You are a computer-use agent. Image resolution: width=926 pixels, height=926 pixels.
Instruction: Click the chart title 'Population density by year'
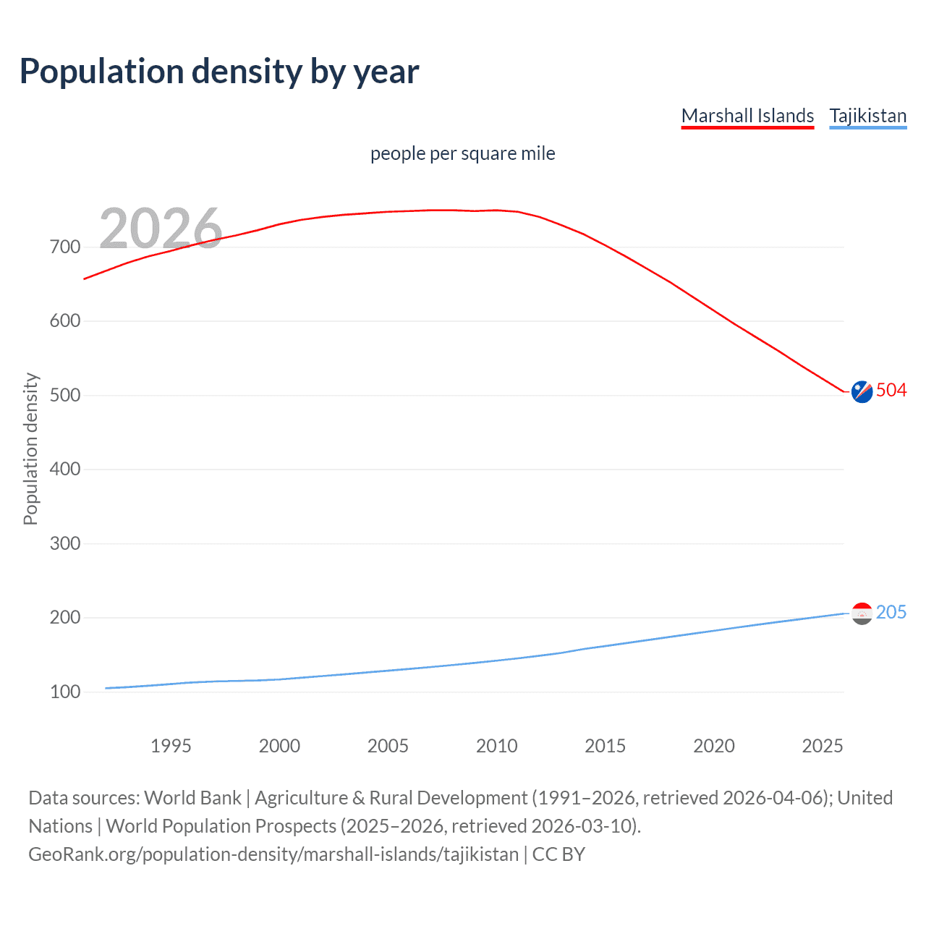pyautogui.click(x=219, y=72)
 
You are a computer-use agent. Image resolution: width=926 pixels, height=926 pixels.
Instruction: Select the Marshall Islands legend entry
pyautogui.click(x=747, y=116)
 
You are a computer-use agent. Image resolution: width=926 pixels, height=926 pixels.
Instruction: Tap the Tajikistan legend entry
pyautogui.click(x=867, y=116)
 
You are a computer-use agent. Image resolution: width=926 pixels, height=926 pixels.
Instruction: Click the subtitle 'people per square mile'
pyautogui.click(x=462, y=153)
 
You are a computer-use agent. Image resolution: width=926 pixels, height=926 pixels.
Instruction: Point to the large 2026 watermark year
pyautogui.click(x=161, y=229)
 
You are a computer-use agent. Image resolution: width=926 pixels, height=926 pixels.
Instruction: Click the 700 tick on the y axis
pyautogui.click(x=65, y=247)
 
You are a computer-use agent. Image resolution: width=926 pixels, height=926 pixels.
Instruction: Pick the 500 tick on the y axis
pyautogui.click(x=65, y=395)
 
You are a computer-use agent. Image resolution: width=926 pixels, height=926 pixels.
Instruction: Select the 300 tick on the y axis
pyautogui.click(x=65, y=543)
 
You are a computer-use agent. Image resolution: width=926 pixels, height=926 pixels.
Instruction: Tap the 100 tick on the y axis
pyautogui.click(x=65, y=692)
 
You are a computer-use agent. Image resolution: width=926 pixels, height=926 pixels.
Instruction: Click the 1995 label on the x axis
pyautogui.click(x=171, y=746)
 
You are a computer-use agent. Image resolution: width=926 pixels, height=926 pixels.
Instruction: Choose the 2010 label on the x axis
pyautogui.click(x=496, y=746)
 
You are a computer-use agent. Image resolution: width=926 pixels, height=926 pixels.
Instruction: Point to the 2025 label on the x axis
pyautogui.click(x=822, y=746)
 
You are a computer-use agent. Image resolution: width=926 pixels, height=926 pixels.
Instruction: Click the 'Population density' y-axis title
pyautogui.click(x=30, y=449)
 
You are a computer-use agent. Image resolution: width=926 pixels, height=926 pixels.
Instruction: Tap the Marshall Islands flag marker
pyautogui.click(x=862, y=391)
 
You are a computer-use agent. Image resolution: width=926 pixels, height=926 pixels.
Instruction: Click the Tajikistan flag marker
pyautogui.click(x=862, y=613)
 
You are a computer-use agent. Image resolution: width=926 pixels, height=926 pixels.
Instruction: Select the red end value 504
pyautogui.click(x=891, y=391)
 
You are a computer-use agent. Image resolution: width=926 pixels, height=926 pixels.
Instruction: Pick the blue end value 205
pyautogui.click(x=891, y=613)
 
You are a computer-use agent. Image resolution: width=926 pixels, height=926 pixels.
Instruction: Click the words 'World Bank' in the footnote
pyautogui.click(x=192, y=798)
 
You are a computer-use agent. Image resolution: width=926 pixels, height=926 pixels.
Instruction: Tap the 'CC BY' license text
pyautogui.click(x=558, y=854)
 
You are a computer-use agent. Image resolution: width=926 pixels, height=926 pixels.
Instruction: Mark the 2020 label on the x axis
pyautogui.click(x=713, y=746)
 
